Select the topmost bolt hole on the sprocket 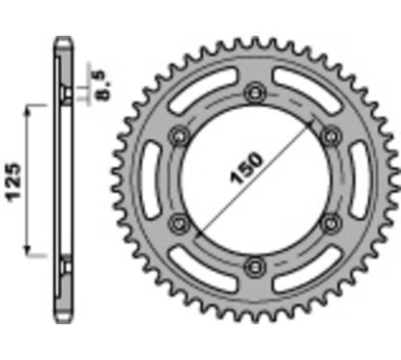254,92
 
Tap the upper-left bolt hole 178,135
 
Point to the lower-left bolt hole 178,223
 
